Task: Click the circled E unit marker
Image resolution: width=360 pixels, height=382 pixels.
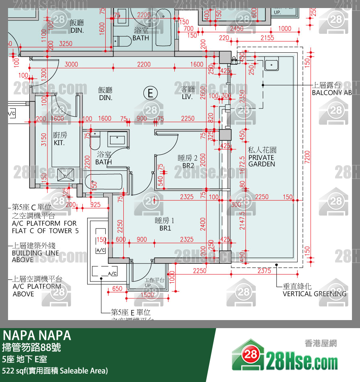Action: (150, 93)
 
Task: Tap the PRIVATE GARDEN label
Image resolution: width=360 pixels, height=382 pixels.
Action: (262, 157)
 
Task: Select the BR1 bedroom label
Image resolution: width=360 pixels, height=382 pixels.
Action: (165, 224)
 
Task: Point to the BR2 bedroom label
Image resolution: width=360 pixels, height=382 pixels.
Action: (188, 162)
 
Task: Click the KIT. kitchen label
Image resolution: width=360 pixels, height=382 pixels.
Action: (59, 139)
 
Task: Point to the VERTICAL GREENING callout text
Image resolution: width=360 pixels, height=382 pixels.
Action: (314, 294)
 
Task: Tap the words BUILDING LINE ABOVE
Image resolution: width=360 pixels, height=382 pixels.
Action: (35, 256)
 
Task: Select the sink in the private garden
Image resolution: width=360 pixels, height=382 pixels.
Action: (272, 64)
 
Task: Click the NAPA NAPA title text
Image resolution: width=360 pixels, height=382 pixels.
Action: (37, 335)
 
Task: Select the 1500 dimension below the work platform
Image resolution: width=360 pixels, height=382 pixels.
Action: (147, 295)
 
